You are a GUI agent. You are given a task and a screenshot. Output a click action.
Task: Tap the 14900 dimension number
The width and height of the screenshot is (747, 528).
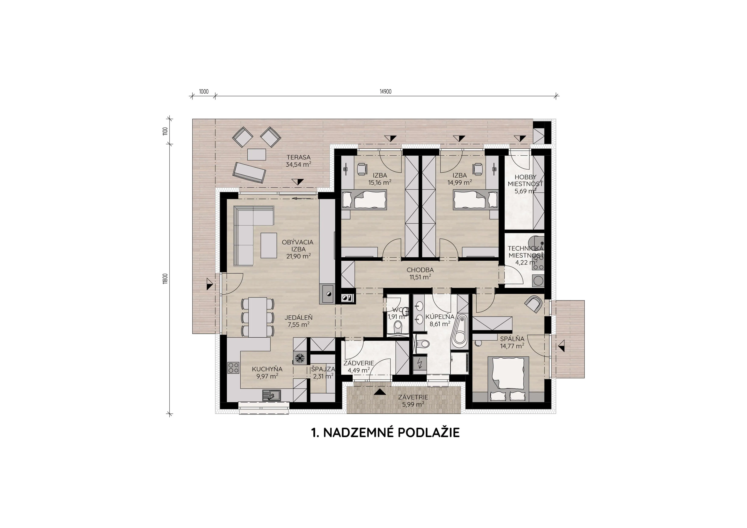point(386,92)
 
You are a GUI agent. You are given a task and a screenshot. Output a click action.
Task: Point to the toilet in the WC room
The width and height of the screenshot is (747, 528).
point(397,326)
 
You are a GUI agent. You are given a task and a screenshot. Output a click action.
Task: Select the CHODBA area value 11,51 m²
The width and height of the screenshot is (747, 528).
point(420,277)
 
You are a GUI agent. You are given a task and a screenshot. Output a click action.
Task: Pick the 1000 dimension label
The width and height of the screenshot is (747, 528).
point(204,92)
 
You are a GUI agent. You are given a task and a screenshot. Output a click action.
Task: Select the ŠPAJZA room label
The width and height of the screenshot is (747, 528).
point(323,369)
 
